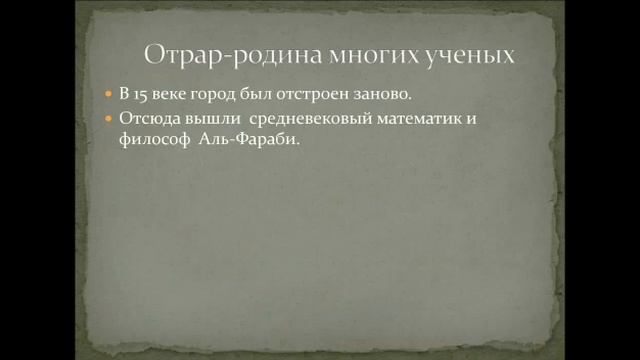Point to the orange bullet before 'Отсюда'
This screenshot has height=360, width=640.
109,118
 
